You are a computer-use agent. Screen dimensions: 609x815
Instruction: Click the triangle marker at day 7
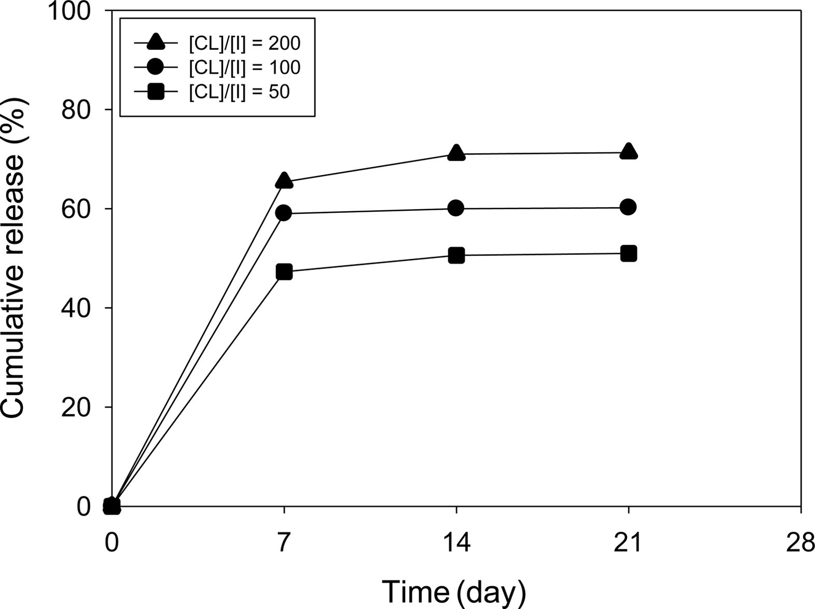coord(284,180)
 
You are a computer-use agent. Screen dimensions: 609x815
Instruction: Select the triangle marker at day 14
coord(456,152)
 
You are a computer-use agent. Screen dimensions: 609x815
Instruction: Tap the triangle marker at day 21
coord(628,151)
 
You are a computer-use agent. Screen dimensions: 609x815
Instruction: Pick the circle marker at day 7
coord(284,213)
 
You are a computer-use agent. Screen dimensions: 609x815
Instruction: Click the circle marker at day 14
coord(456,208)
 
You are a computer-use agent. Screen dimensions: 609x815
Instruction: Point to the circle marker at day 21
coord(628,207)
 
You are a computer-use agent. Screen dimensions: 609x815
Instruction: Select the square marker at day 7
coord(284,272)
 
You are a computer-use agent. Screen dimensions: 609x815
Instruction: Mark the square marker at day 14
coord(456,255)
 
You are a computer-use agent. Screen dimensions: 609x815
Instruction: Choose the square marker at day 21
coord(628,253)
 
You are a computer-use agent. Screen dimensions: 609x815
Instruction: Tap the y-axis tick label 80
coord(77,110)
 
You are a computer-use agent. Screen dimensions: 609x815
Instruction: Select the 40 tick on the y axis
coord(77,308)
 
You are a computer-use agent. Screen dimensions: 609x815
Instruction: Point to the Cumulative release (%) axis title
coord(14,258)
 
